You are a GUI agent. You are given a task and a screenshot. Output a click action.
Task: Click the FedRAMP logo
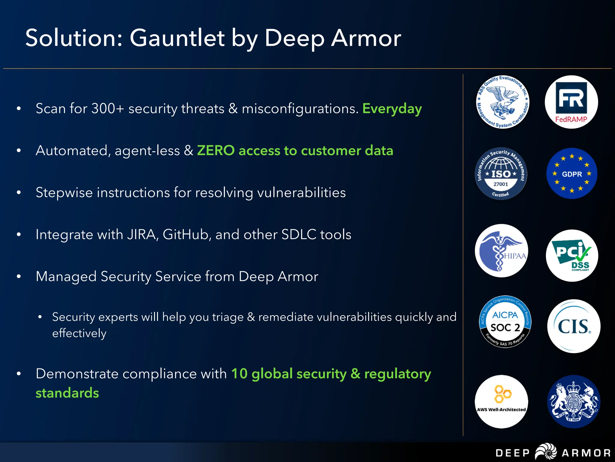pos(571,102)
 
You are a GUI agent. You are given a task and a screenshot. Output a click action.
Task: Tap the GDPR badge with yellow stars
pos(572,174)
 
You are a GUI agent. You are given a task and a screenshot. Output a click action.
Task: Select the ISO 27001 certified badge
pos(501,174)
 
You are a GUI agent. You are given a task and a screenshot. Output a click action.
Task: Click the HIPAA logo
pos(501,251)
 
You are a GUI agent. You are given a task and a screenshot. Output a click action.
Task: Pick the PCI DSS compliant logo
pos(572,256)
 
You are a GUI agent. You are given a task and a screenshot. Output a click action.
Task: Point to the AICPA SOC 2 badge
pos(505,322)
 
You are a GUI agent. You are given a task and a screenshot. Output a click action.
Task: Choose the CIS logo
pos(574,326)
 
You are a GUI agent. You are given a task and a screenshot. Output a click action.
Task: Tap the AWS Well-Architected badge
pos(501,402)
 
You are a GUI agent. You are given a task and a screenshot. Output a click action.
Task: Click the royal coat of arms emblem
pos(574,402)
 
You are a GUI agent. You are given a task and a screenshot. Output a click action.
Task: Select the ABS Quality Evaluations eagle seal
pos(503,102)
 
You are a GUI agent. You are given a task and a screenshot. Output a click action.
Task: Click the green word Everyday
pos(392,109)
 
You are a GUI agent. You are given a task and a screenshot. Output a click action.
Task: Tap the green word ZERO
pos(216,150)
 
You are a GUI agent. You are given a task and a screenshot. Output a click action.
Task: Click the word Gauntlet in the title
pos(177,38)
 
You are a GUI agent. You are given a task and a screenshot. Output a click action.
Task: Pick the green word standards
pos(67,393)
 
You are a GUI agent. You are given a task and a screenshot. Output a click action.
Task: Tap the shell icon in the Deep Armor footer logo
pos(546,452)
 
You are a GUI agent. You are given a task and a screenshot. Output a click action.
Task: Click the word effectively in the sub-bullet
pos(79,333)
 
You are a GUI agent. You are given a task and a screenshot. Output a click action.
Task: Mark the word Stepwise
pos(64,193)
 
